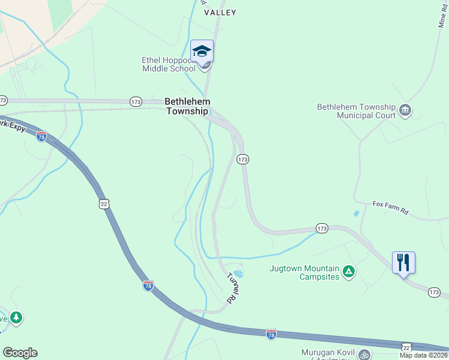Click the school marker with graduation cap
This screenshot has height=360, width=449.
202,51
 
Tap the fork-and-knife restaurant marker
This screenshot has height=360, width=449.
403,262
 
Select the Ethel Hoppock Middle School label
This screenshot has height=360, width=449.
169,64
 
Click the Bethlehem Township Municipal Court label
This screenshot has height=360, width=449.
357,111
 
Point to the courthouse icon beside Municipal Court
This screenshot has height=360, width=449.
405,110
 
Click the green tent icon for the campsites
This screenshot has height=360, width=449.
349,272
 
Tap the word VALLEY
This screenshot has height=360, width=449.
220,13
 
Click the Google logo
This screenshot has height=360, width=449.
20,352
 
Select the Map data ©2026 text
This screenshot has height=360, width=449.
423,355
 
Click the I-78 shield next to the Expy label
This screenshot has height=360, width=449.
41,136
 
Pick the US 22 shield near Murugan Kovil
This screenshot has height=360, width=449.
407,348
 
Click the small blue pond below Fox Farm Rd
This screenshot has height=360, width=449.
357,213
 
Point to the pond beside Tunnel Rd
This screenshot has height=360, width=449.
238,274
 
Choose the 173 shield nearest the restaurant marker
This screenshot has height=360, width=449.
435,292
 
